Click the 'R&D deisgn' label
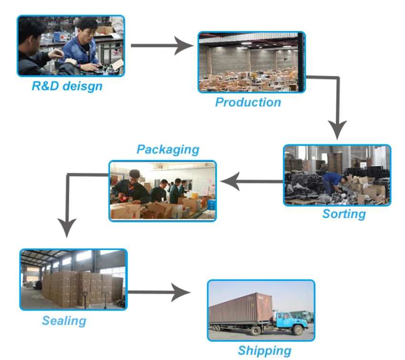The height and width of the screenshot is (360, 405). pyautogui.click(x=67, y=86)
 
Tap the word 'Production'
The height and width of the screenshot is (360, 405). pyautogui.click(x=248, y=102)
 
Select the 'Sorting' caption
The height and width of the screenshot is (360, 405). pyautogui.click(x=344, y=214)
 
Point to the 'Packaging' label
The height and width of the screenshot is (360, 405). pyautogui.click(x=168, y=150)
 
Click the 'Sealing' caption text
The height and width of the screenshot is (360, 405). pyautogui.click(x=64, y=321)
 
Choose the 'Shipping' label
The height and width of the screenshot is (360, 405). pyautogui.click(x=264, y=351)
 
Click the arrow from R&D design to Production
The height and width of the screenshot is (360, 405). pyautogui.click(x=162, y=46)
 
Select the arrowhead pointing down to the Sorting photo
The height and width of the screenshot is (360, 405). pyautogui.click(x=337, y=130)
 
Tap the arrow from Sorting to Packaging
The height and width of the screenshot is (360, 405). pyautogui.click(x=252, y=181)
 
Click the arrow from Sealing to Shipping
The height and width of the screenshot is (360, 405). pyautogui.click(x=159, y=292)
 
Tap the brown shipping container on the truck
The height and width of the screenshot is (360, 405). pyautogui.click(x=241, y=308)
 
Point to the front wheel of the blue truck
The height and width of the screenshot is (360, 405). pyautogui.click(x=298, y=330)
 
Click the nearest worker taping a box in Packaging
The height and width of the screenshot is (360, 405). pyautogui.click(x=131, y=187)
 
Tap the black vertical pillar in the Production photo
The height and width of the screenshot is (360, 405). pyautogui.click(x=300, y=62)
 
